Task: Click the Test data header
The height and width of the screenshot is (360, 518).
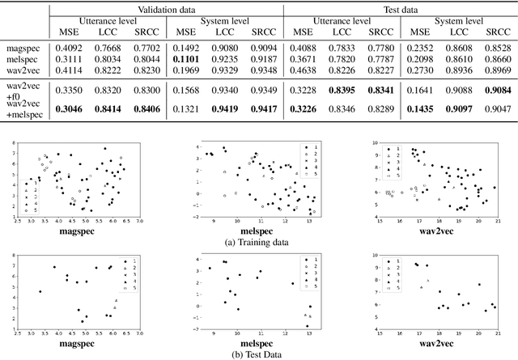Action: (x=398, y=8)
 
